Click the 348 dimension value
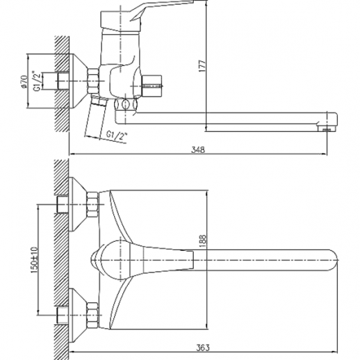(x=198, y=150)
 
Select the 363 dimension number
(x=203, y=347)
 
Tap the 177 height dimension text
(x=202, y=66)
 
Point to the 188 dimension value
(x=203, y=241)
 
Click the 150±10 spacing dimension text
(x=34, y=260)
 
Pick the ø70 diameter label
(x=24, y=81)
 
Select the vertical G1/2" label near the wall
(x=38, y=81)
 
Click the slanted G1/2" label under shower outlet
(x=117, y=136)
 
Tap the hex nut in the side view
(x=93, y=81)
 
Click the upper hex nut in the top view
(x=93, y=204)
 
